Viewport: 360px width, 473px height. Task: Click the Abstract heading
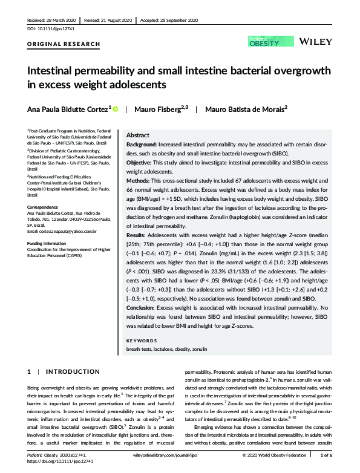click(x=137, y=137)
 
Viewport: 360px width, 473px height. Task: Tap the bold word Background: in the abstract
click(x=143, y=146)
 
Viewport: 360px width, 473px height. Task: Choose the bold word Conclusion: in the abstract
click(x=143, y=307)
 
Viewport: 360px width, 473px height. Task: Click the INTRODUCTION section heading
click(x=73, y=371)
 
